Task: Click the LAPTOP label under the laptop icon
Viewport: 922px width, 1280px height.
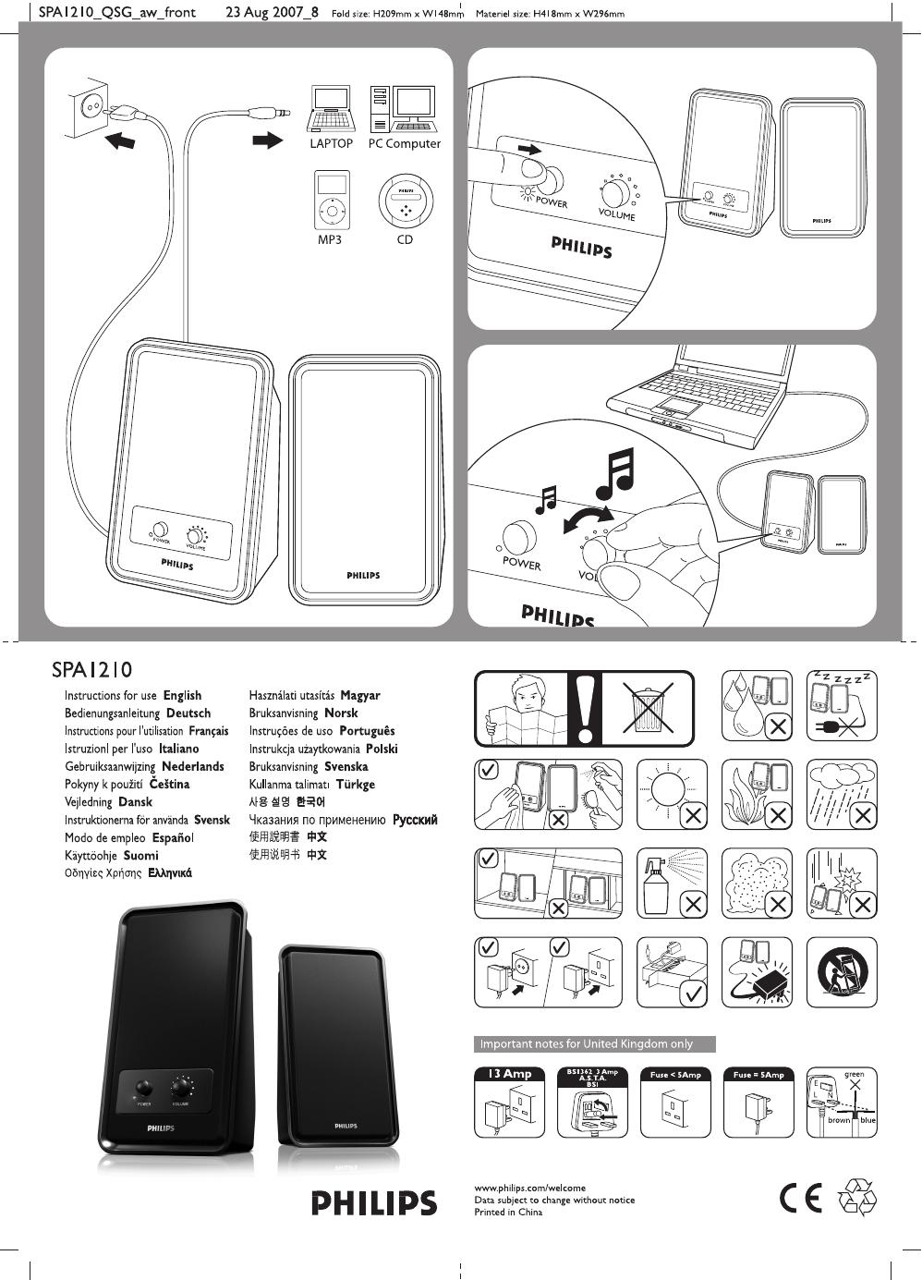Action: (x=331, y=144)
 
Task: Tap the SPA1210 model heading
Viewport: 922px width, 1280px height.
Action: (x=91, y=669)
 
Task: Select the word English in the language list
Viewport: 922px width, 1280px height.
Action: (x=182, y=695)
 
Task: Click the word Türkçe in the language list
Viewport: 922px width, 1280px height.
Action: (x=355, y=784)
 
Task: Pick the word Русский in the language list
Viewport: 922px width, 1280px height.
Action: (x=414, y=820)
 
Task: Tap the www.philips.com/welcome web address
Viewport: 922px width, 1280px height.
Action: (x=529, y=1188)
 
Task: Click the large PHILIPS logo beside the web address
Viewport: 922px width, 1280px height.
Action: (x=373, y=1202)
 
